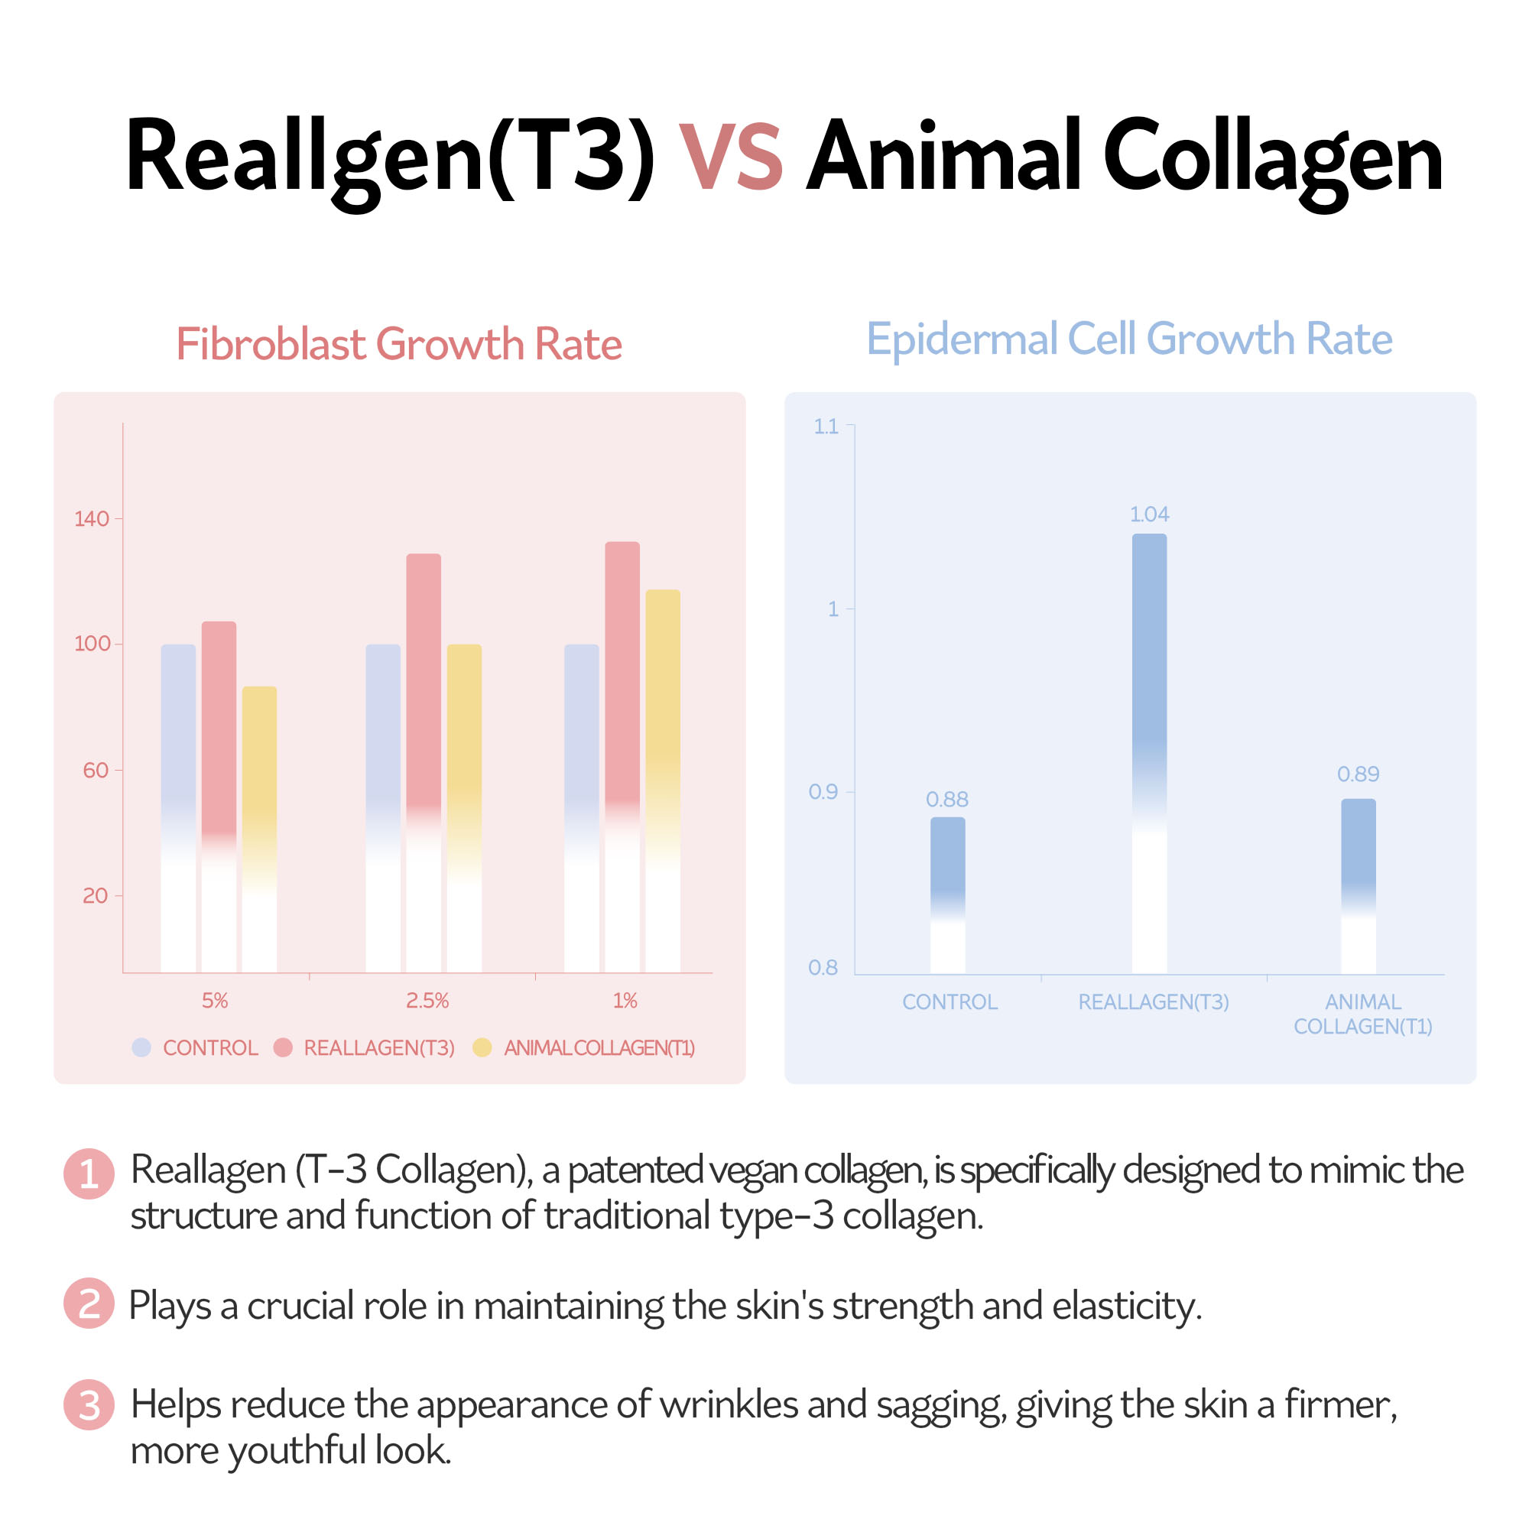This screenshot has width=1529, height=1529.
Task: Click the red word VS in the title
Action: coord(730,157)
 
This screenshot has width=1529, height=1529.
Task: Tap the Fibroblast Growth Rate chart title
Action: coord(399,344)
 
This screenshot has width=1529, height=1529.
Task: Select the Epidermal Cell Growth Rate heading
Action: coord(1129,339)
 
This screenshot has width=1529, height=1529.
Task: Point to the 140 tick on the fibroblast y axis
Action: coord(92,519)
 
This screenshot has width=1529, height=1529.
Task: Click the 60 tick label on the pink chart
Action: coord(96,770)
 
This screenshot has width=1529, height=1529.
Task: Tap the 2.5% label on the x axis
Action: coord(427,1000)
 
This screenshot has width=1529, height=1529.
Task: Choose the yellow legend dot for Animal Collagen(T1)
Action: coord(482,1048)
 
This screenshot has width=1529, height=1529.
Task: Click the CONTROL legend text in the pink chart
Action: coord(210,1048)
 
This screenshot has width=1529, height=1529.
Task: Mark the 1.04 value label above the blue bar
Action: coord(1149,515)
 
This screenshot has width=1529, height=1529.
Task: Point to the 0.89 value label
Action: coord(1358,774)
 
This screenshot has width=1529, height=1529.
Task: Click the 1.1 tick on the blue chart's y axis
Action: coord(826,427)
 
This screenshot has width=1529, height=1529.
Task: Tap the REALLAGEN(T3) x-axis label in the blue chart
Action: coord(1153,1002)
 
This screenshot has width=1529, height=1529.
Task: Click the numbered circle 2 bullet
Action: coord(89,1303)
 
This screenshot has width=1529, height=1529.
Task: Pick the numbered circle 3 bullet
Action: coord(89,1404)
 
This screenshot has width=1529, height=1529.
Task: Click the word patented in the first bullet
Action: coord(635,1170)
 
